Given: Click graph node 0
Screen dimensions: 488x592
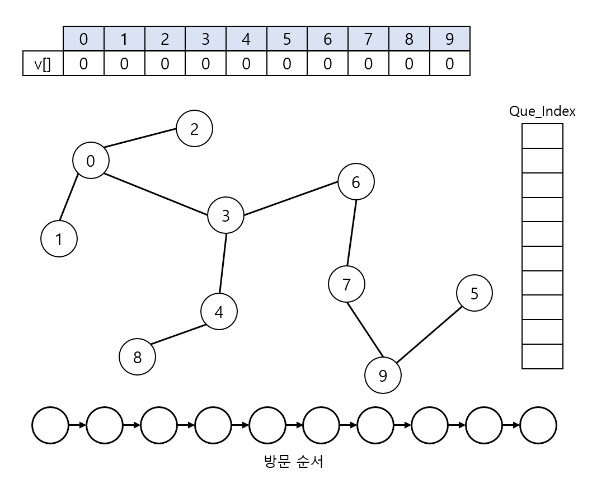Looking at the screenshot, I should coord(91,161).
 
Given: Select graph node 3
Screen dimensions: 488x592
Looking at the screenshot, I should coord(225,216).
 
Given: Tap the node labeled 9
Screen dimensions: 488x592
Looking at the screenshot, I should coord(383,376).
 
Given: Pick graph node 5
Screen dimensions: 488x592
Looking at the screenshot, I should coord(474,293).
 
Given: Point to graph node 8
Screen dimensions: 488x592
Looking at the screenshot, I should coord(138,357).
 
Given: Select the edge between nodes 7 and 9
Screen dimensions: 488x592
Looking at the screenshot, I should coord(364,330).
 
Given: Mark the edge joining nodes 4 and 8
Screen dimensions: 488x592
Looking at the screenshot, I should coord(178,335).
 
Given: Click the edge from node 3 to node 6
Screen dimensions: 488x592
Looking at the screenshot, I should coord(291,198).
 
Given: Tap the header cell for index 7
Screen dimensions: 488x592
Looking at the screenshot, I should coord(368,39).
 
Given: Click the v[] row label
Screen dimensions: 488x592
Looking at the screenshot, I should coord(43,64).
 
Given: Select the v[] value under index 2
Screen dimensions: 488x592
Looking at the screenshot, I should coord(165,64).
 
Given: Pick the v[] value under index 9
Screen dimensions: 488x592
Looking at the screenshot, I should coord(449,64).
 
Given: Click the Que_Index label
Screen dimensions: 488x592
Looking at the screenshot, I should coord(542,111).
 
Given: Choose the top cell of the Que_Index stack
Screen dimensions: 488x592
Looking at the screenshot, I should coord(542,136).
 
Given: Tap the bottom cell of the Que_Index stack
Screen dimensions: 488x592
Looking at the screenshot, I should coord(542,356).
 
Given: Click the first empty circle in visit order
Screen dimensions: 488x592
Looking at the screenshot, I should coord(50,426).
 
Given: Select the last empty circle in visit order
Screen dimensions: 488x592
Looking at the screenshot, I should coord(538,426).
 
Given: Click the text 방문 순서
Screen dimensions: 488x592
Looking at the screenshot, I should coord(293,462).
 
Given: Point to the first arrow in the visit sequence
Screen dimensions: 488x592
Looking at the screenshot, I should coord(77,426).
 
